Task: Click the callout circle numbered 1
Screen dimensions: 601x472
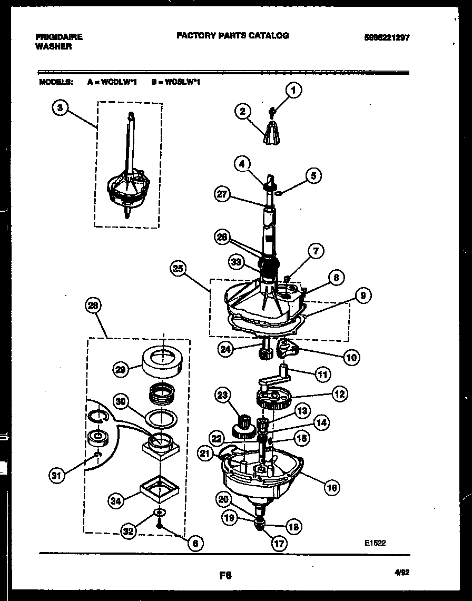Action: [x=293, y=91]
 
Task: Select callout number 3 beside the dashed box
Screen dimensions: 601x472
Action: [x=61, y=107]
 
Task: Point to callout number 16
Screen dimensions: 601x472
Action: [x=331, y=487]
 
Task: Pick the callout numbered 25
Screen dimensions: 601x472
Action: [x=178, y=269]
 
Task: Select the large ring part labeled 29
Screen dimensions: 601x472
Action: [x=162, y=362]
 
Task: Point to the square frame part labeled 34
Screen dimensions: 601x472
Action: [x=156, y=490]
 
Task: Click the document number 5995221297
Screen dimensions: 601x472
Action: [x=386, y=37]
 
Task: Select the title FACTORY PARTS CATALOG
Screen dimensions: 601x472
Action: [x=232, y=35]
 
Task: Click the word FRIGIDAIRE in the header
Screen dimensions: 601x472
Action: [x=58, y=37]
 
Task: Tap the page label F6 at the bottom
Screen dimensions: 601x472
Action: [x=225, y=576]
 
